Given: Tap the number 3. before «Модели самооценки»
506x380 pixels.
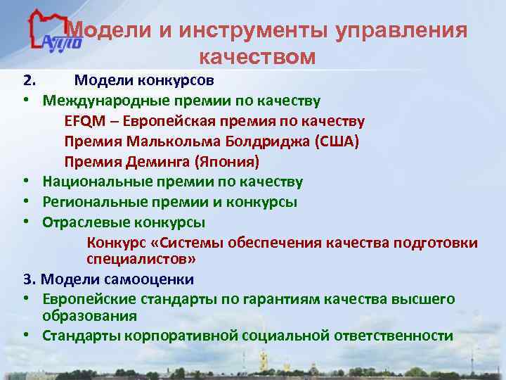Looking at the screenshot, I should tap(27, 279).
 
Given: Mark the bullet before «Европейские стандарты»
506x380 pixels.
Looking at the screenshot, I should tap(26, 300).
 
